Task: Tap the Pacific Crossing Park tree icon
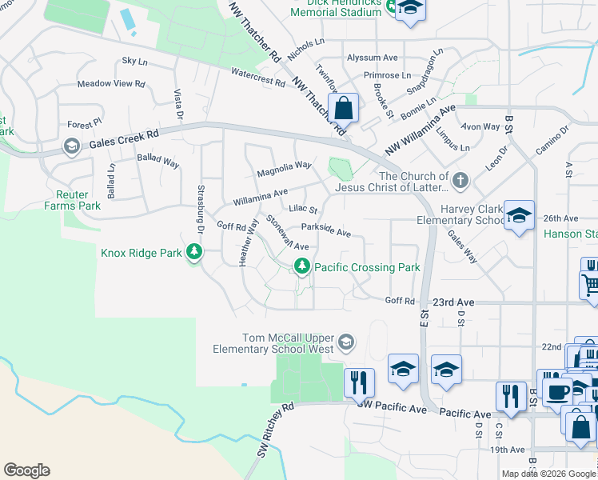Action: [302, 266]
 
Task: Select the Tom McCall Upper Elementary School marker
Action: [346, 342]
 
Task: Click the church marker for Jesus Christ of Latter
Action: [460, 181]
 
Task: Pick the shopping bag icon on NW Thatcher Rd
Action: [343, 108]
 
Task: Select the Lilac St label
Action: [303, 210]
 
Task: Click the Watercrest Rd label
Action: [258, 77]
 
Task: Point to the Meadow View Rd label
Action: [111, 83]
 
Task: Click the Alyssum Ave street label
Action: [372, 58]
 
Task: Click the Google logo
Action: [26, 470]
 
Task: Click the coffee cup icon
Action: [558, 391]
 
